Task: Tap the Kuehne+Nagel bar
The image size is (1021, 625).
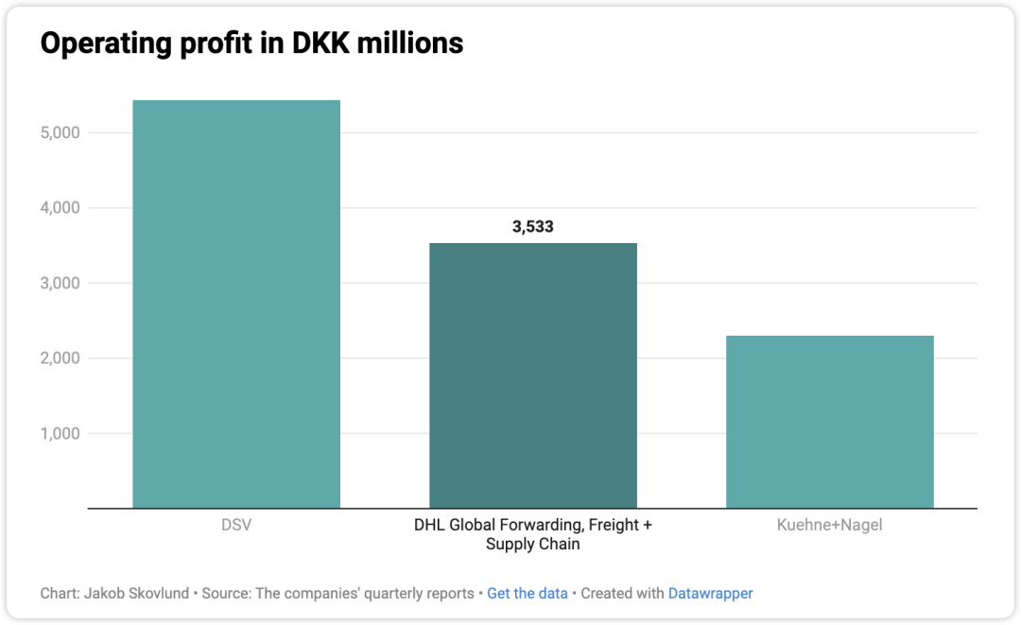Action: [x=830, y=422]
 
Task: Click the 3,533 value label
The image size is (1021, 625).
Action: [x=533, y=227]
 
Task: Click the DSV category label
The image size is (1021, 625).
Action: [x=236, y=525]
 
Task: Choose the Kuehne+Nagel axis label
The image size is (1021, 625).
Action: [x=830, y=525]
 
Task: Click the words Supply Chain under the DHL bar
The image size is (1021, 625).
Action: [x=533, y=545]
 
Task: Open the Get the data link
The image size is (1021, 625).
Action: [x=528, y=594]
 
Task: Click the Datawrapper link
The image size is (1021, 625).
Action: [x=710, y=594]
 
